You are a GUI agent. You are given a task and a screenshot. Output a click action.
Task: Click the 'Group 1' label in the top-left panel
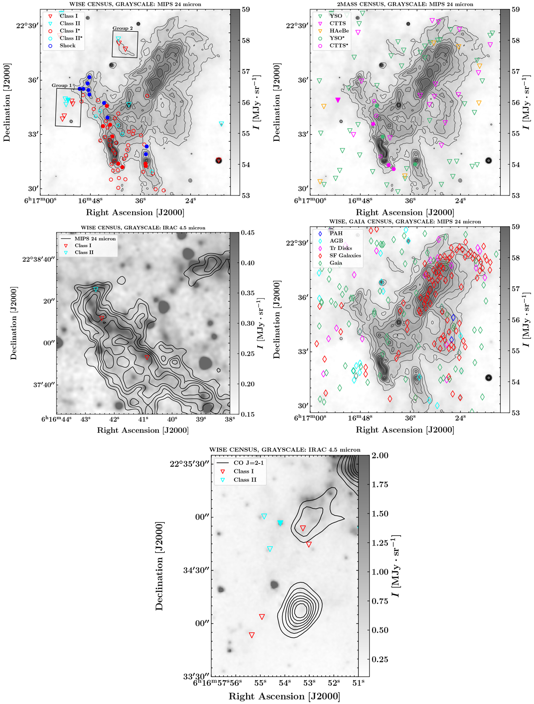coord(62,85)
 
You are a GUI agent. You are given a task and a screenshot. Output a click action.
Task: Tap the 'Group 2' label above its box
coord(122,28)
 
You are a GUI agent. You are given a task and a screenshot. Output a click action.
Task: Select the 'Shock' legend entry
coord(68,45)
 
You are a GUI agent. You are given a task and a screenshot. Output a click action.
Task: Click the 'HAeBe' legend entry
coord(339,31)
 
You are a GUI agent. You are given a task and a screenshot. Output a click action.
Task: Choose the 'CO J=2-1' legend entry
coord(247,463)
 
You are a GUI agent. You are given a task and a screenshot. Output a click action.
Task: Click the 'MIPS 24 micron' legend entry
coord(95,239)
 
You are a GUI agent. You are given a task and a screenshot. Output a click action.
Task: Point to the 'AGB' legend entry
coord(336,241)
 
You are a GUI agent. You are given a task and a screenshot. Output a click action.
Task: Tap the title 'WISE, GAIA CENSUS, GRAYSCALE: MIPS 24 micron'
coord(405,221)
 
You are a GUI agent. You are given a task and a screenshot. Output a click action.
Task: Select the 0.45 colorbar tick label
coord(248,232)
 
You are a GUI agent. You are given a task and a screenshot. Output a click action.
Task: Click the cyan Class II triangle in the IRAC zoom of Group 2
coord(96,289)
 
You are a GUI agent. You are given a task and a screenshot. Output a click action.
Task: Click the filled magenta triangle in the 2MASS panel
coord(338,100)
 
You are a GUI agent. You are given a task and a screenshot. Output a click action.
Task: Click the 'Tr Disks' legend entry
coord(340,248)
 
